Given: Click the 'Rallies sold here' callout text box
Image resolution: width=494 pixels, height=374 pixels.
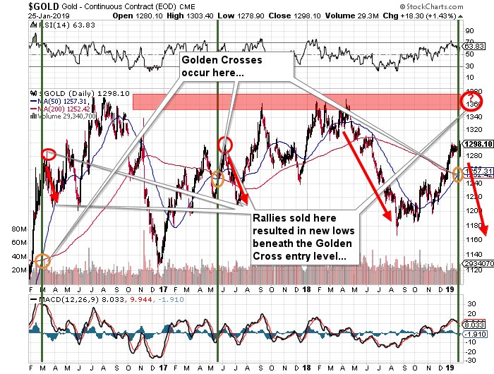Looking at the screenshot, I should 303,236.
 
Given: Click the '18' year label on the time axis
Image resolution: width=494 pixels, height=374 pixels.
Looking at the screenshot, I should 309,290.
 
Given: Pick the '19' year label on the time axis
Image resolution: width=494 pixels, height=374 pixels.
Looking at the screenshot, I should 452,290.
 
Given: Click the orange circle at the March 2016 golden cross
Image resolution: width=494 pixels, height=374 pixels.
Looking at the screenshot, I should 42,260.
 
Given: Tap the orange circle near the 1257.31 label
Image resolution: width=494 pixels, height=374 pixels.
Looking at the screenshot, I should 458,174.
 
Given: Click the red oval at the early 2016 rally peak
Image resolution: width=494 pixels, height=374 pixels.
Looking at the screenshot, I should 49,154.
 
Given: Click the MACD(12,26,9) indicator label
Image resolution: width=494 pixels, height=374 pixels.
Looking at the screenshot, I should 59,301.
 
